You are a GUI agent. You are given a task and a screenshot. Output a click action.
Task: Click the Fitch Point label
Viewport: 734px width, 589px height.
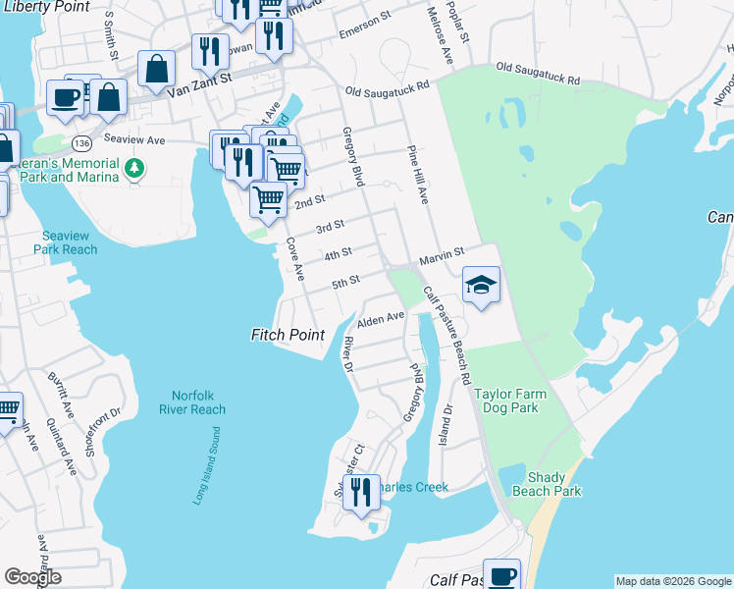288,335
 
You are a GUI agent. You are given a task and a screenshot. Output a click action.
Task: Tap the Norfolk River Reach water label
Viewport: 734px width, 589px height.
191,402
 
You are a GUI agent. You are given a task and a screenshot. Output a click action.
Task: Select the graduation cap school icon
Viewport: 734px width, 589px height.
481,286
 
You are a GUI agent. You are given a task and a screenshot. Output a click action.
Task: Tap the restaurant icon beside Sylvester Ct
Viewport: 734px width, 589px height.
361,493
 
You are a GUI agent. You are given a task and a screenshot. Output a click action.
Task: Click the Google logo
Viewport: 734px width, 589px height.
32,576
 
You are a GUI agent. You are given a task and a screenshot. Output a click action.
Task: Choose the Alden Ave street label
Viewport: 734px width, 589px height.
381,320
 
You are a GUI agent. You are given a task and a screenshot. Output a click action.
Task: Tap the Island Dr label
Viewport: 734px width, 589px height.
446,423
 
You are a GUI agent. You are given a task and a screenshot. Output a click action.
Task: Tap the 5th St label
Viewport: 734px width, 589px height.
344,283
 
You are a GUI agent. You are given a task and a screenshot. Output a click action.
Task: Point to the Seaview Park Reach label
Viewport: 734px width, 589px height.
70,242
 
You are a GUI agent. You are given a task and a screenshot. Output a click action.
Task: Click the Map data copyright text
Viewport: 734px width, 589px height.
672,581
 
